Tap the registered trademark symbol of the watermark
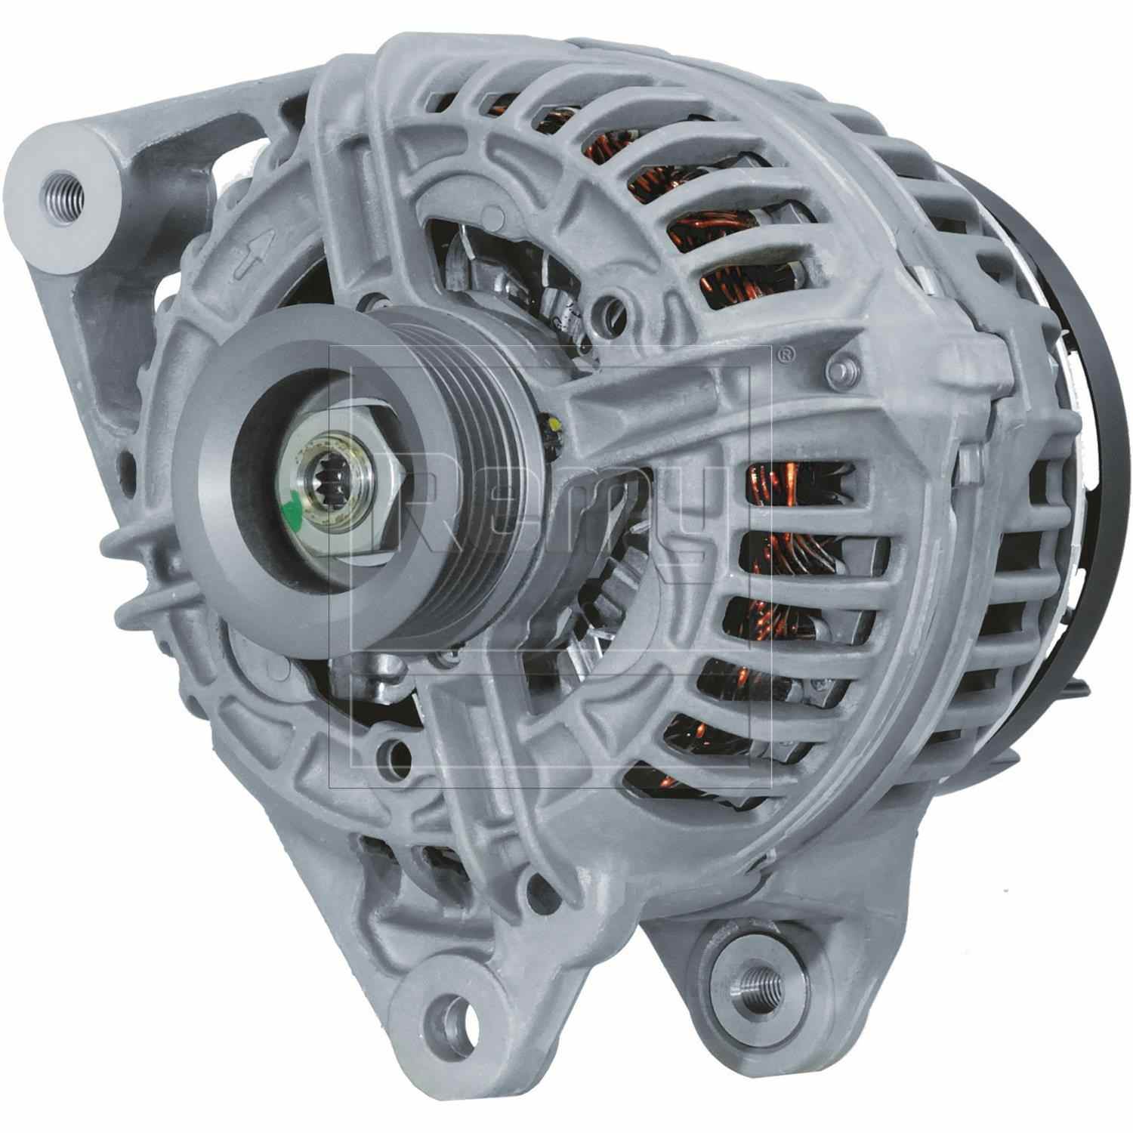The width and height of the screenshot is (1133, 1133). (786, 352)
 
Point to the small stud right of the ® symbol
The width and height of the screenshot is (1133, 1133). (838, 370)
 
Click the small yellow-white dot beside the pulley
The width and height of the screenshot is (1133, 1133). (555, 428)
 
